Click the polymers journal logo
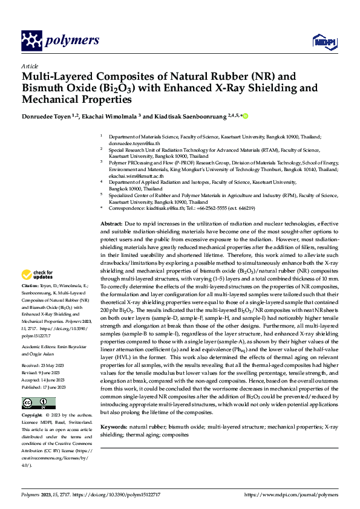point(61,41)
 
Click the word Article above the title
point(30,66)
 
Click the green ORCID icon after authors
point(246,115)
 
